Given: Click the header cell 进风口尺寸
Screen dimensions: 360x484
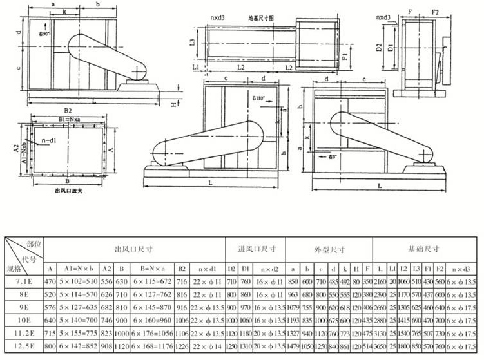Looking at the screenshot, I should point(256,249).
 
